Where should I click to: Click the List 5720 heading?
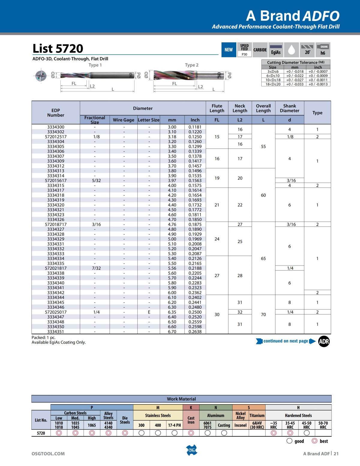[x=58, y=48]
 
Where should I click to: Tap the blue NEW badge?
[x=229, y=50]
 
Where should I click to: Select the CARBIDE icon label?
[x=260, y=50]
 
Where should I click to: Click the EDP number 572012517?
[x=56, y=137]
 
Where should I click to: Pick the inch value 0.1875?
[x=195, y=224]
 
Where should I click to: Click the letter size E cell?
[x=149, y=312]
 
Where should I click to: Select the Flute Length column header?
[x=217, y=108]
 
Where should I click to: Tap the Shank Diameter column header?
[x=289, y=108]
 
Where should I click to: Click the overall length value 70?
[x=263, y=314]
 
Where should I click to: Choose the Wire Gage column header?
[x=123, y=120]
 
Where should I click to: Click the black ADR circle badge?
[x=324, y=341]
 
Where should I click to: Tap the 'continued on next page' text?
[x=286, y=341]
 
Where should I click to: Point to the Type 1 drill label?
[x=95, y=65]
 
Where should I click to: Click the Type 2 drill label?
[x=192, y=65]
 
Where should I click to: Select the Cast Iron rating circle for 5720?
[x=191, y=433]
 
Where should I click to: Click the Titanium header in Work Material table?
[x=257, y=416]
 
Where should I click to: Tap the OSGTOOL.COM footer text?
[x=48, y=454]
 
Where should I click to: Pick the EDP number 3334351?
[x=56, y=332]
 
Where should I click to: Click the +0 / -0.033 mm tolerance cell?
[x=295, y=84]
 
